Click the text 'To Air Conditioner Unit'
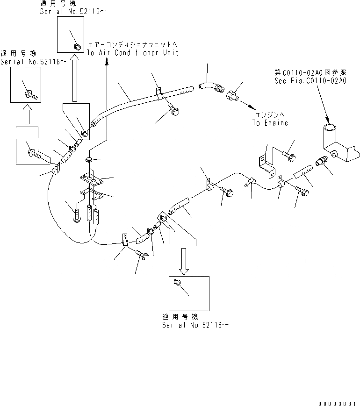tap(132, 53)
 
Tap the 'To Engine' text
tap(270, 123)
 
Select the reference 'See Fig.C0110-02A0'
tap(310, 81)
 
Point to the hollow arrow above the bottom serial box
tap(184, 260)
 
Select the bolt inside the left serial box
tap(31, 94)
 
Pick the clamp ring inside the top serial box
tap(77, 46)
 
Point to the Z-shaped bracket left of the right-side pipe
tap(265, 164)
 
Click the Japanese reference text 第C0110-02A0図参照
tap(310, 73)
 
